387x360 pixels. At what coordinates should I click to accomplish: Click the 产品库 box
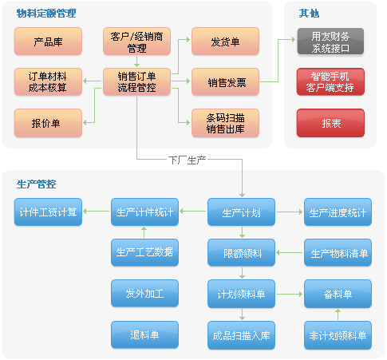[x=48, y=42]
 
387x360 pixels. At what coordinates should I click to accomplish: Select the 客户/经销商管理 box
[x=136, y=42]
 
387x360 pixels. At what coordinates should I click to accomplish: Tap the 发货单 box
[x=225, y=42]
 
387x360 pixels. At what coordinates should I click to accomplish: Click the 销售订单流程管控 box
[x=136, y=82]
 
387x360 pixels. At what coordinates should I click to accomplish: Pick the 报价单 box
[x=48, y=123]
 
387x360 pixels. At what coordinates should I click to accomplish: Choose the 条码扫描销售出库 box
[x=225, y=123]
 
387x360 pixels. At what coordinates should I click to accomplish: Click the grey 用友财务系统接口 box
[x=330, y=42]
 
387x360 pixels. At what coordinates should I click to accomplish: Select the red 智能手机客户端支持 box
[x=330, y=81]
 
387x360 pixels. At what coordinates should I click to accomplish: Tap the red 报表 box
[x=330, y=123]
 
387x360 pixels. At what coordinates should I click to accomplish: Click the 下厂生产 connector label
[x=188, y=160]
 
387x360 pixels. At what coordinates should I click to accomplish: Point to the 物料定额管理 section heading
[x=46, y=13]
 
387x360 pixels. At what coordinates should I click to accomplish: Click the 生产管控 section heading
[x=36, y=184]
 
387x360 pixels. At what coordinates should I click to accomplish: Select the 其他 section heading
[x=309, y=13]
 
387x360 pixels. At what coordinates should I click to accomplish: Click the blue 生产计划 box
[x=241, y=212]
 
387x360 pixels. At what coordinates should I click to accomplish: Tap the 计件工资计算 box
[x=48, y=212]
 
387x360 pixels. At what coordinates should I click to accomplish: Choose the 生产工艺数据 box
[x=144, y=252]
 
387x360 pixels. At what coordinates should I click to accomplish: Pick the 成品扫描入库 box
[x=241, y=335]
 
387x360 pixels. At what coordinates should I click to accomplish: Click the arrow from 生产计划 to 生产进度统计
[x=290, y=212]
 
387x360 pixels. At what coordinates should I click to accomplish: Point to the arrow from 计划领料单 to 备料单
[x=290, y=294]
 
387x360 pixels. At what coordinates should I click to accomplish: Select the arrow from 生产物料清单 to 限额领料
[x=290, y=252]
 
